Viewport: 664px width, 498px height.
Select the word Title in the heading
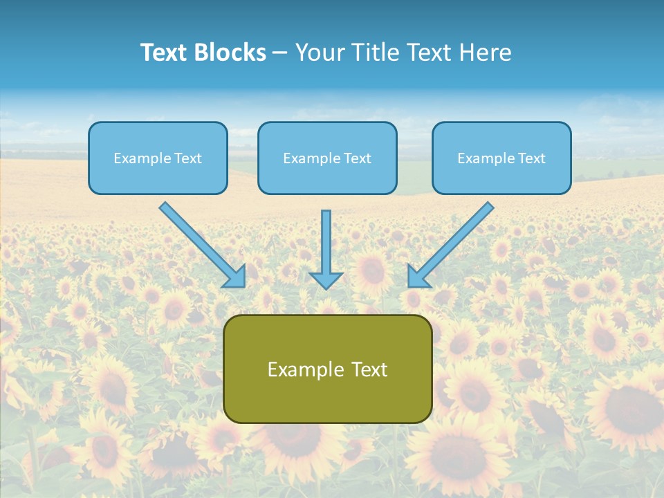coord(375,53)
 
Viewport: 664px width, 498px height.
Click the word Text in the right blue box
coord(531,158)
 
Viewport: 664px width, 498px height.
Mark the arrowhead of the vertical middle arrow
coord(326,280)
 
